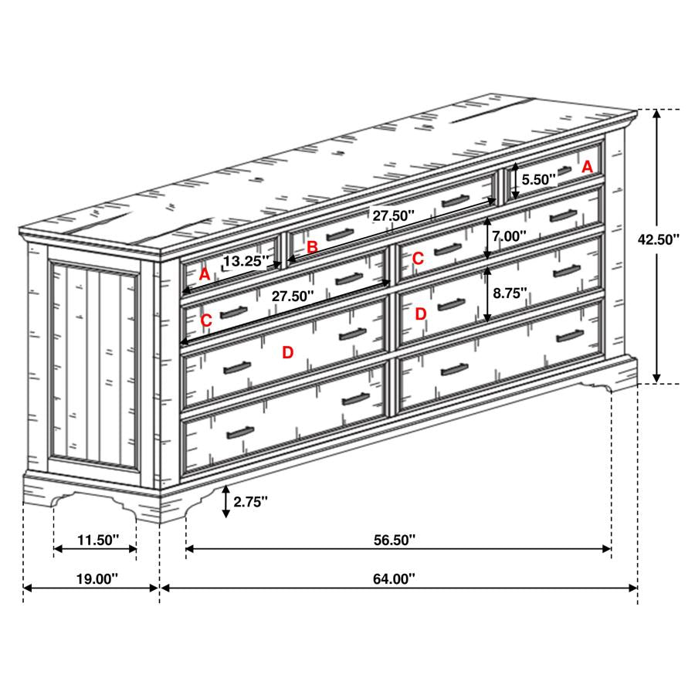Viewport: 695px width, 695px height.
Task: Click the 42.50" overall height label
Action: click(658, 239)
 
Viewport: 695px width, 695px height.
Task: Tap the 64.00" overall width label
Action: click(394, 579)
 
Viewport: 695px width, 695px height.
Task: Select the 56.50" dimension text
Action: click(395, 540)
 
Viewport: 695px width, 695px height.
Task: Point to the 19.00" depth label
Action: click(97, 579)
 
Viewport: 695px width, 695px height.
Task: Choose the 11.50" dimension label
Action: click(98, 540)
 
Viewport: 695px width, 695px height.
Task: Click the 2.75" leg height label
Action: click(250, 502)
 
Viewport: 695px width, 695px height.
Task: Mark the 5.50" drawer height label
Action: click(538, 179)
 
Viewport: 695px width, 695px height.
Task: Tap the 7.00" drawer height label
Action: click(510, 236)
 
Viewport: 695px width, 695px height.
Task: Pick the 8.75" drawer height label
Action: click(510, 293)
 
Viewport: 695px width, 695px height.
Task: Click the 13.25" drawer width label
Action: click(246, 261)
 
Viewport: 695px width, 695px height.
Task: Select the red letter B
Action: click(312, 247)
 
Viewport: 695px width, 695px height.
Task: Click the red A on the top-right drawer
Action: click(587, 167)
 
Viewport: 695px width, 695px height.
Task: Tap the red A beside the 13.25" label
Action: click(204, 275)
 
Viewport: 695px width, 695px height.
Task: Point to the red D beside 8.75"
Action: click(420, 314)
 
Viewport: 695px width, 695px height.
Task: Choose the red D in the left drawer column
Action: click(288, 353)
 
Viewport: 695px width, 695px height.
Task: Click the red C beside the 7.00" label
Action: click(418, 258)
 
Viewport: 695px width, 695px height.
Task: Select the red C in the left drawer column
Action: click(206, 320)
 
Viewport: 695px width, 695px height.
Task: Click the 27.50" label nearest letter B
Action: click(393, 216)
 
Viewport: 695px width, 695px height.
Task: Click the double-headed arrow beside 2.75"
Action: click(226, 501)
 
